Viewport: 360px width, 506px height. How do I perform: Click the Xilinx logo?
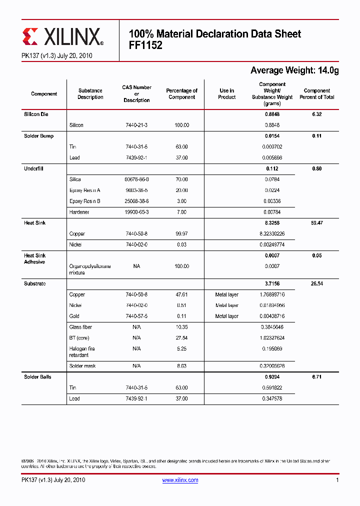[x=63, y=36]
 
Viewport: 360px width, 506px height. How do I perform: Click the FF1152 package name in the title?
[x=145, y=44]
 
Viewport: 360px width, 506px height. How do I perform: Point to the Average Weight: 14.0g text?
[x=294, y=70]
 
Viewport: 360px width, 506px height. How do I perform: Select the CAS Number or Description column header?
[x=136, y=94]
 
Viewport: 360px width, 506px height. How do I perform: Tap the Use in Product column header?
[x=226, y=94]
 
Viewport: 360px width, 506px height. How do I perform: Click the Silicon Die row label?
[x=36, y=114]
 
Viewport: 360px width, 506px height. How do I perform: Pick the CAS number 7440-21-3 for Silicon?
[x=136, y=125]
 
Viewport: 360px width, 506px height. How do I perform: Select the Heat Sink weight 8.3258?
[x=272, y=223]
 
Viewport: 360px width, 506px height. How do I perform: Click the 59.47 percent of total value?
[x=316, y=223]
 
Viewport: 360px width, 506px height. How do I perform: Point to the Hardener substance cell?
[x=79, y=212]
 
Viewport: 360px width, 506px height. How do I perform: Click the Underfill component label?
[x=33, y=169]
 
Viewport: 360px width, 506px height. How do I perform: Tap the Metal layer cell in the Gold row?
[x=226, y=316]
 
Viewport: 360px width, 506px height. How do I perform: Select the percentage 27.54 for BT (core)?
[x=181, y=338]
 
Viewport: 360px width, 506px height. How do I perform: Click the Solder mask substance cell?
[x=82, y=366]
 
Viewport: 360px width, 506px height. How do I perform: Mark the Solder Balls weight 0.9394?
[x=272, y=377]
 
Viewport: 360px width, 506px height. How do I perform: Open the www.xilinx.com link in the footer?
[x=180, y=480]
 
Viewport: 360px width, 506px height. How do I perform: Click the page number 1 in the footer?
[x=337, y=480]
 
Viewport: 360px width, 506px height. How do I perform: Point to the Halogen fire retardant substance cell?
[x=82, y=352]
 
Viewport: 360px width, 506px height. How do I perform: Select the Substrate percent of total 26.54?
[x=316, y=284]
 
